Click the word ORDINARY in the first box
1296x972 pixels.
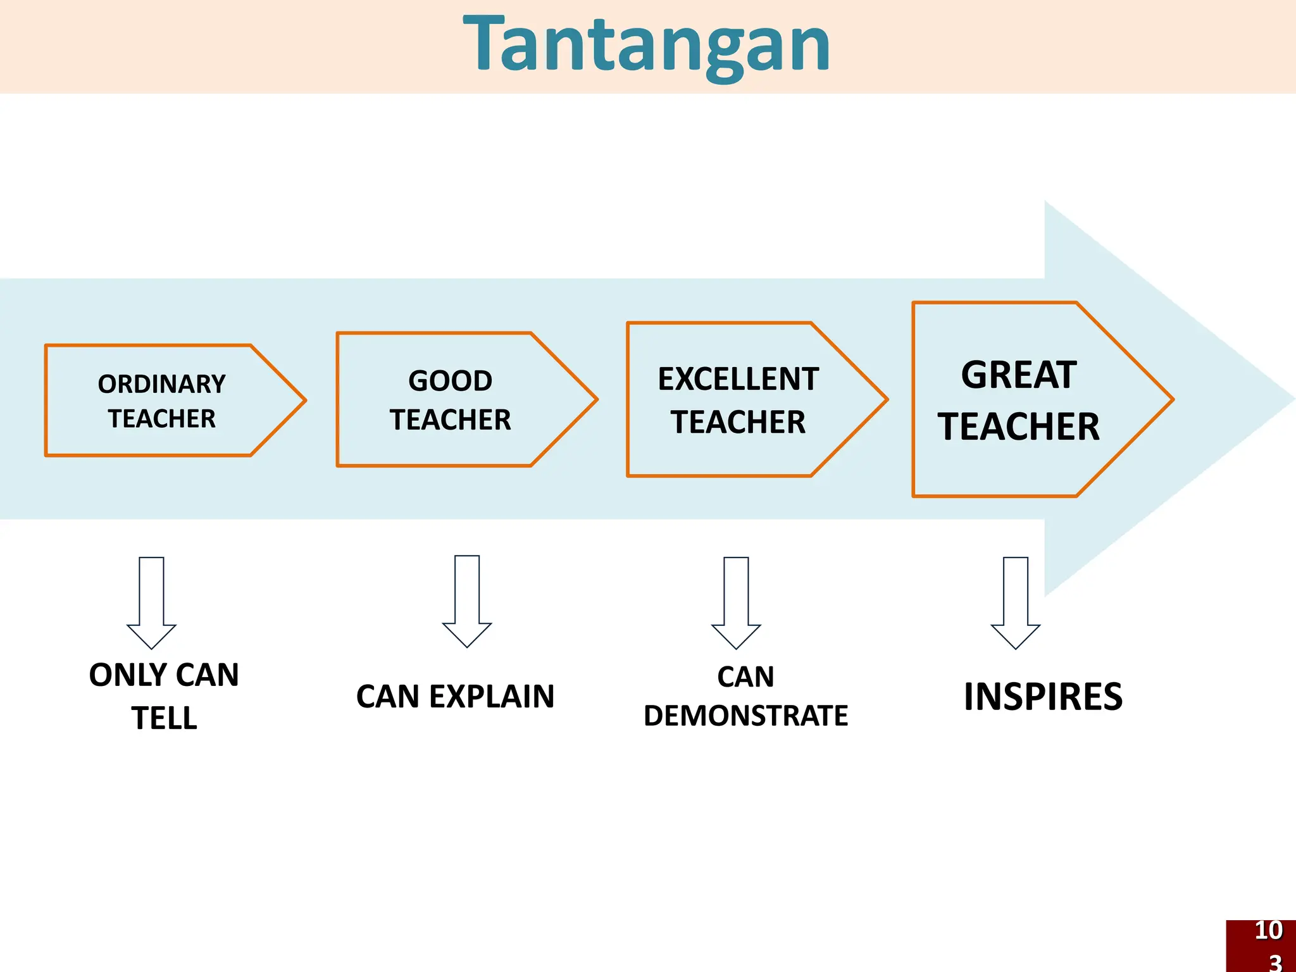pos(162,384)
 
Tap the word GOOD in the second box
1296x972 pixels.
pos(450,381)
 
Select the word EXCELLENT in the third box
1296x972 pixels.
pos(738,379)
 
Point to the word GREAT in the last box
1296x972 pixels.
pos(1018,375)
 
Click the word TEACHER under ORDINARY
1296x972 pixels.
pos(162,419)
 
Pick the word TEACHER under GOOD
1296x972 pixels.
pos(450,420)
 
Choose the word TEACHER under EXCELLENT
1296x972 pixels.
pos(738,422)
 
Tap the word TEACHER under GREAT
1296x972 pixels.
pos(1018,427)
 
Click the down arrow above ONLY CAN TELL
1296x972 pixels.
pos(151,601)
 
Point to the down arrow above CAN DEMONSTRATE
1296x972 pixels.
pos(736,601)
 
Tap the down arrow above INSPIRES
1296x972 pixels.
pos(1015,601)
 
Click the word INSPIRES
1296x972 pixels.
pos(1043,697)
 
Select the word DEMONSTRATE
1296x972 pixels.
pos(745,716)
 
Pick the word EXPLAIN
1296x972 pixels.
pos(491,697)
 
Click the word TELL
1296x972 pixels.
pos(164,718)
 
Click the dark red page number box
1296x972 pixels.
pos(1261,946)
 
